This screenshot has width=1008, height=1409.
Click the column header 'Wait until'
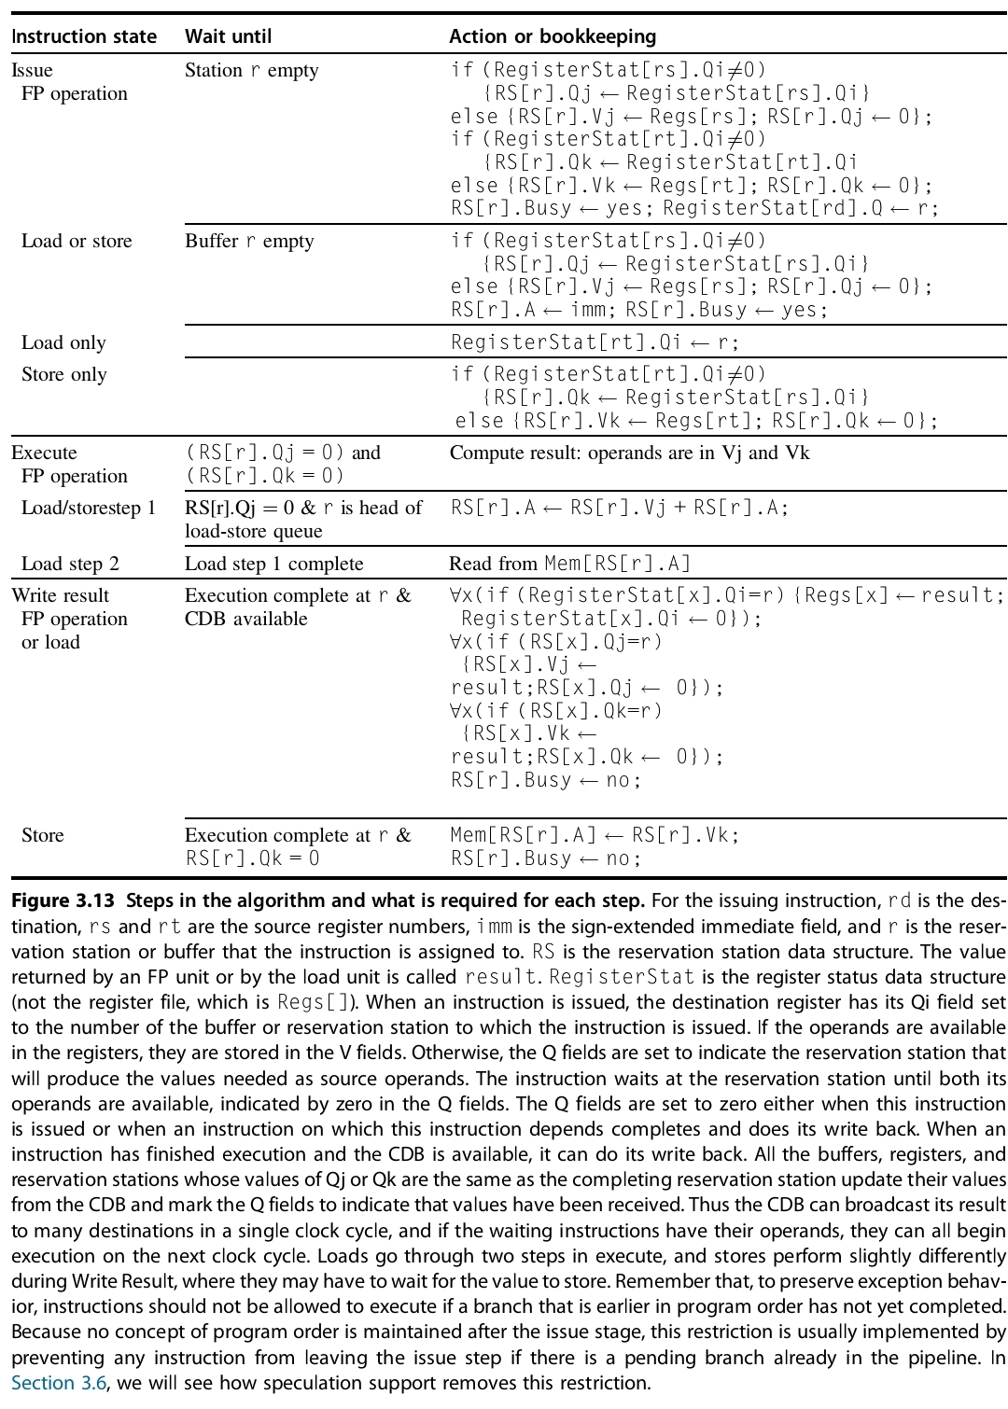pyautogui.click(x=228, y=36)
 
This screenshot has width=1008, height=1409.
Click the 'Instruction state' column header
pyautogui.click(x=84, y=36)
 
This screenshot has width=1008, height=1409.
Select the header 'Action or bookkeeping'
pyautogui.click(x=553, y=36)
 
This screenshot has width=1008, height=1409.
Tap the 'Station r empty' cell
pyautogui.click(x=251, y=70)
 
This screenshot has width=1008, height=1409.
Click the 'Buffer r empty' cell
pyautogui.click(x=249, y=241)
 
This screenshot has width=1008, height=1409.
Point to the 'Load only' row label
pyautogui.click(x=63, y=342)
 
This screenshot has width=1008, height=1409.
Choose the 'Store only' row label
pyautogui.click(x=63, y=374)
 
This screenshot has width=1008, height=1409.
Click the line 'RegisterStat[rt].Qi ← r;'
pyautogui.click(x=595, y=342)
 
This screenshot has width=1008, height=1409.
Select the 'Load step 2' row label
pyautogui.click(x=70, y=564)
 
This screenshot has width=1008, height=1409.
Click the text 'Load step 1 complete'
pyautogui.click(x=273, y=564)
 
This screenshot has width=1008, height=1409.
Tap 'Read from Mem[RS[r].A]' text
pyautogui.click(x=570, y=564)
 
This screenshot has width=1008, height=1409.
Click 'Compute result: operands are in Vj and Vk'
pyautogui.click(x=629, y=453)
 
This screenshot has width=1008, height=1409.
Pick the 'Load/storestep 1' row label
pyautogui.click(x=89, y=508)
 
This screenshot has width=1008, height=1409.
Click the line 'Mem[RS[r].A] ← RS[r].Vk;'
pyautogui.click(x=594, y=835)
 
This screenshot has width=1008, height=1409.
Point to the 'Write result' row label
pyautogui.click(x=60, y=595)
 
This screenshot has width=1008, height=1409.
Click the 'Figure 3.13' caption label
pyautogui.click(x=63, y=901)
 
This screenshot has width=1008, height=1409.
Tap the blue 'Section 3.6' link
pyautogui.click(x=59, y=1383)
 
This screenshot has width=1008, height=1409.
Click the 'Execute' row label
pyautogui.click(x=44, y=453)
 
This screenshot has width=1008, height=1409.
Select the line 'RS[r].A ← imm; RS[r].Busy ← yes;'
pyautogui.click(x=638, y=310)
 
